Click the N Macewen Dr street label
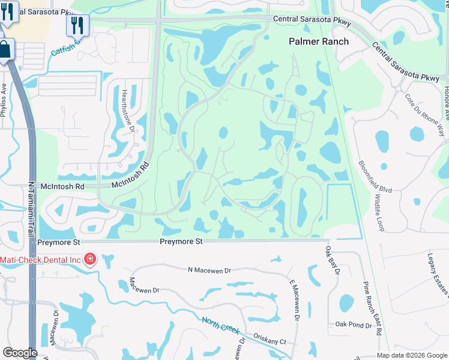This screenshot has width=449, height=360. (x=209, y=271)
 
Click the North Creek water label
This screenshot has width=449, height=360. (x=221, y=326)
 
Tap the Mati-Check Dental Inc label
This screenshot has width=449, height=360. (x=41, y=259)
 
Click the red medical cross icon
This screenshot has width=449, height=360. (x=90, y=259)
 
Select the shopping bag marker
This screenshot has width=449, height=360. (x=5, y=49)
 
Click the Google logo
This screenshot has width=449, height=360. (x=20, y=353)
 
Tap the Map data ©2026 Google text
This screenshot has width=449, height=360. (x=412, y=355)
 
